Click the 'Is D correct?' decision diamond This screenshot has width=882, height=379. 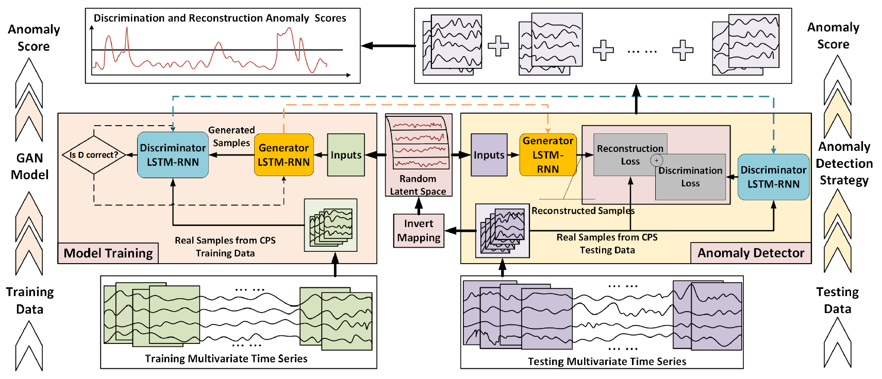(x=94, y=155)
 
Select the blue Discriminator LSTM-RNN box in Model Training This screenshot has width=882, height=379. (x=173, y=155)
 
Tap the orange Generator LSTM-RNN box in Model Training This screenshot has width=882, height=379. (x=284, y=155)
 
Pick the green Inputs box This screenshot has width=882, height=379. (x=346, y=155)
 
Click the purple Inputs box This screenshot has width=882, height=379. (x=489, y=155)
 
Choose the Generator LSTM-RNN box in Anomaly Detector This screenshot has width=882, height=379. (x=547, y=155)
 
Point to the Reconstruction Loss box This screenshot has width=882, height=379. (x=624, y=155)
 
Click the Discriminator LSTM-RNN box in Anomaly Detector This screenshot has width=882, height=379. (x=773, y=177)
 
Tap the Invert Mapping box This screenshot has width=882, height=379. (x=419, y=231)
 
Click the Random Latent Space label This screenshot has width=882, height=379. (x=418, y=185)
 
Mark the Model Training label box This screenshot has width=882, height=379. (x=108, y=253)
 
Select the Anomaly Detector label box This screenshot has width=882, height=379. (x=751, y=253)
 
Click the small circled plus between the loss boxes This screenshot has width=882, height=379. (x=656, y=160)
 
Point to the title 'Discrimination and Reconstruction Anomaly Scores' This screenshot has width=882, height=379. (x=220, y=19)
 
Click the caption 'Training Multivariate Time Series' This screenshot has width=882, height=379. (x=226, y=359)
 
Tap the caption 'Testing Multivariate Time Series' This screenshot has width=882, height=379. (x=607, y=361)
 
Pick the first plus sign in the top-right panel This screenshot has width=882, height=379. (x=498, y=46)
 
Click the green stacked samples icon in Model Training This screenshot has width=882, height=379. (x=331, y=226)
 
